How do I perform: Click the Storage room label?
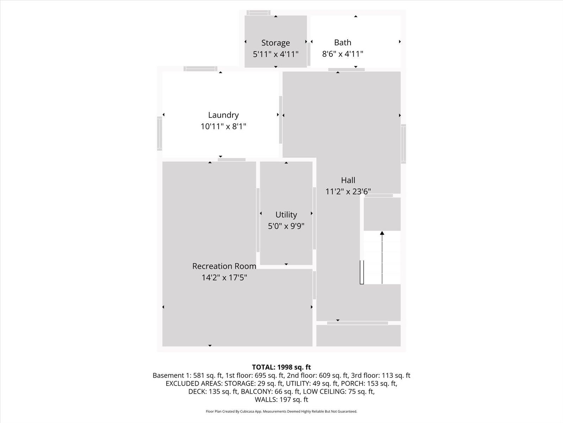[x=276, y=43]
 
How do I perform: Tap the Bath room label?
[x=342, y=42]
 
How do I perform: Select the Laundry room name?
[x=223, y=115]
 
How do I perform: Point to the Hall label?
[x=348, y=180]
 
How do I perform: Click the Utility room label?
[x=286, y=215]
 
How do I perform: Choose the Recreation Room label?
[x=224, y=266]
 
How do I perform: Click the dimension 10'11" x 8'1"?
[x=223, y=126]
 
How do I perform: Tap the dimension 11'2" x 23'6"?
[x=348, y=191]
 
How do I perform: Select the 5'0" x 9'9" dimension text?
[x=286, y=226]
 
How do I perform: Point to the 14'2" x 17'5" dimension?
[x=224, y=278]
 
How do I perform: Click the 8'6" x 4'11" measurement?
[x=342, y=54]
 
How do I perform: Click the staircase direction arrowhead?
[x=382, y=233]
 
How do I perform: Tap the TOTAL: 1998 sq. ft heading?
[x=281, y=367]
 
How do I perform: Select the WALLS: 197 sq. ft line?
[x=281, y=400]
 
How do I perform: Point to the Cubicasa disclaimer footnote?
[x=281, y=411]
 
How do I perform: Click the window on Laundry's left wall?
[x=159, y=134]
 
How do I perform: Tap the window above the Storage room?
[x=259, y=13]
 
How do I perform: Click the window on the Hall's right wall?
[x=403, y=144]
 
